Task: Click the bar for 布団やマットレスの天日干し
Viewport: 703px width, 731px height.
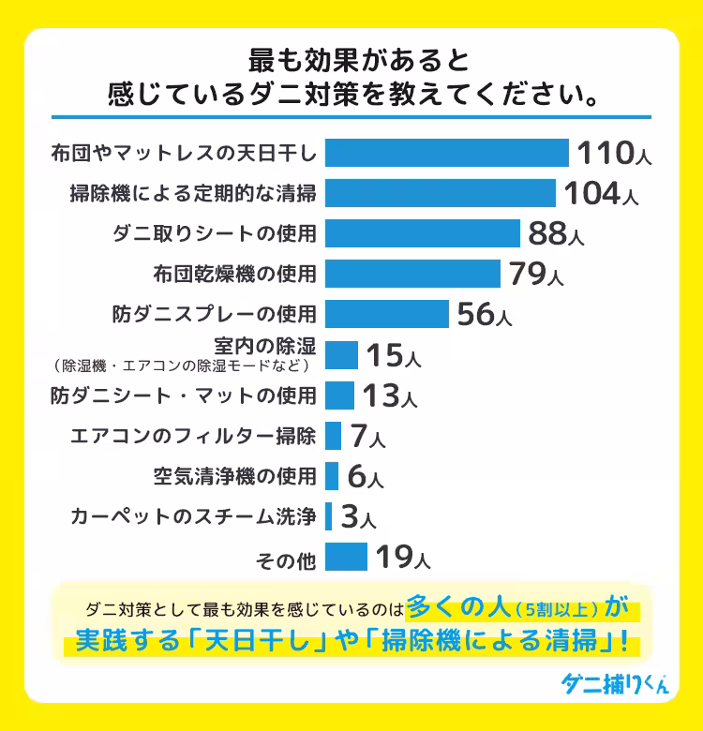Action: coord(446,153)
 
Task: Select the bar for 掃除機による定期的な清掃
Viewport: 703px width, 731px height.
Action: coord(440,193)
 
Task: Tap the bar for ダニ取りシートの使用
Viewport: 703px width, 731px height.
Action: coord(422,233)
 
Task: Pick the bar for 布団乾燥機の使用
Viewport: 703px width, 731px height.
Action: coord(413,274)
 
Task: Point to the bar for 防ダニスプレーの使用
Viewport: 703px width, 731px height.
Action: coord(386,314)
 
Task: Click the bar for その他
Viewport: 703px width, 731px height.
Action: coord(346,557)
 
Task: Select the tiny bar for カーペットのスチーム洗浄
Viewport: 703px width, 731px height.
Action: coord(328,516)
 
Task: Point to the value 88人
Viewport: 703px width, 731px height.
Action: coord(555,233)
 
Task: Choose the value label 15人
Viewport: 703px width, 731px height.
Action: coord(393,355)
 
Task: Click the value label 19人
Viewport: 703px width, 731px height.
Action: coord(402,558)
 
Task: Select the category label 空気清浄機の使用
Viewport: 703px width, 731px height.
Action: coord(234,476)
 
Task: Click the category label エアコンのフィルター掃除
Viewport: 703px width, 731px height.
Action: coord(193,436)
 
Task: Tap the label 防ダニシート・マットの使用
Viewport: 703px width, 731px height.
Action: coord(183,395)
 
